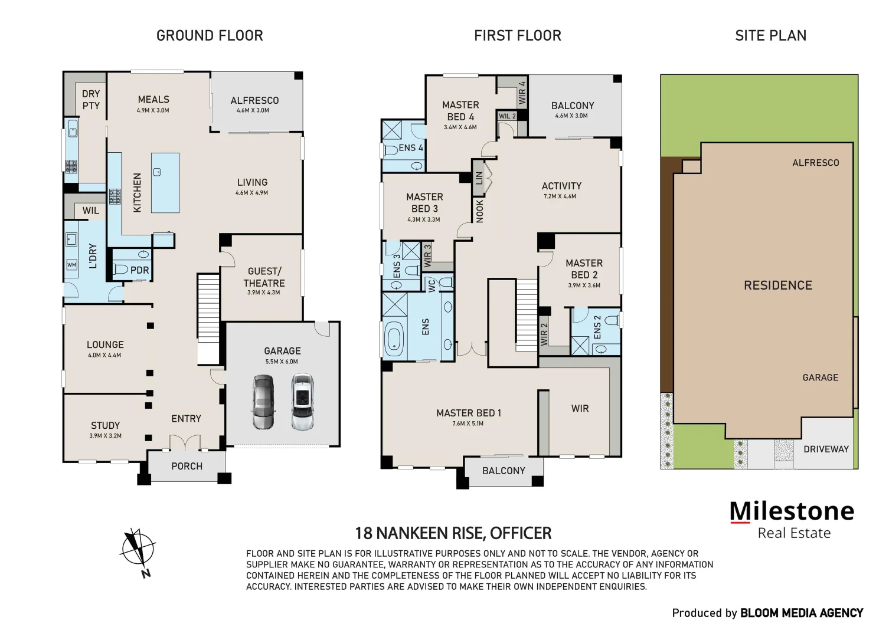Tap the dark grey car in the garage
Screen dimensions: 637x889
pyautogui.click(x=263, y=402)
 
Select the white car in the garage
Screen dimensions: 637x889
pyautogui.click(x=302, y=402)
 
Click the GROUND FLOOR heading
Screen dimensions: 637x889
pyautogui.click(x=210, y=36)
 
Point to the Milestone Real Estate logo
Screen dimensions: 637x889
pyautogui.click(x=792, y=520)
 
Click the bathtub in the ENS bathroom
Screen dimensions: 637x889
pyautogui.click(x=394, y=340)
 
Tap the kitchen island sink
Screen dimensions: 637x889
pyautogui.click(x=157, y=172)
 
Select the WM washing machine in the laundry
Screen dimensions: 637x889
pyautogui.click(x=71, y=265)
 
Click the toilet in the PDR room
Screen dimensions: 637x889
pyautogui.click(x=121, y=270)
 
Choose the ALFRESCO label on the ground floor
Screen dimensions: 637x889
pyautogui.click(x=254, y=101)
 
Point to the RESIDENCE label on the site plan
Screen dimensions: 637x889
pyautogui.click(x=777, y=285)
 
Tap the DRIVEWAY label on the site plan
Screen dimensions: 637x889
pyautogui.click(x=826, y=449)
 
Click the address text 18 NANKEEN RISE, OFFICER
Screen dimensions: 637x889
pyautogui.click(x=453, y=534)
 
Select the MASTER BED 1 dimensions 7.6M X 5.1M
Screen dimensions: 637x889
pyautogui.click(x=468, y=423)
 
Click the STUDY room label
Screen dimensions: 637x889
pyautogui.click(x=105, y=425)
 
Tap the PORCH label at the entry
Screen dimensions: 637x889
pyautogui.click(x=187, y=467)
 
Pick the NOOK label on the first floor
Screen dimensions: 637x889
pyautogui.click(x=480, y=211)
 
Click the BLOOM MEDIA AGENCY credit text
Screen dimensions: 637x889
pyautogui.click(x=801, y=613)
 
